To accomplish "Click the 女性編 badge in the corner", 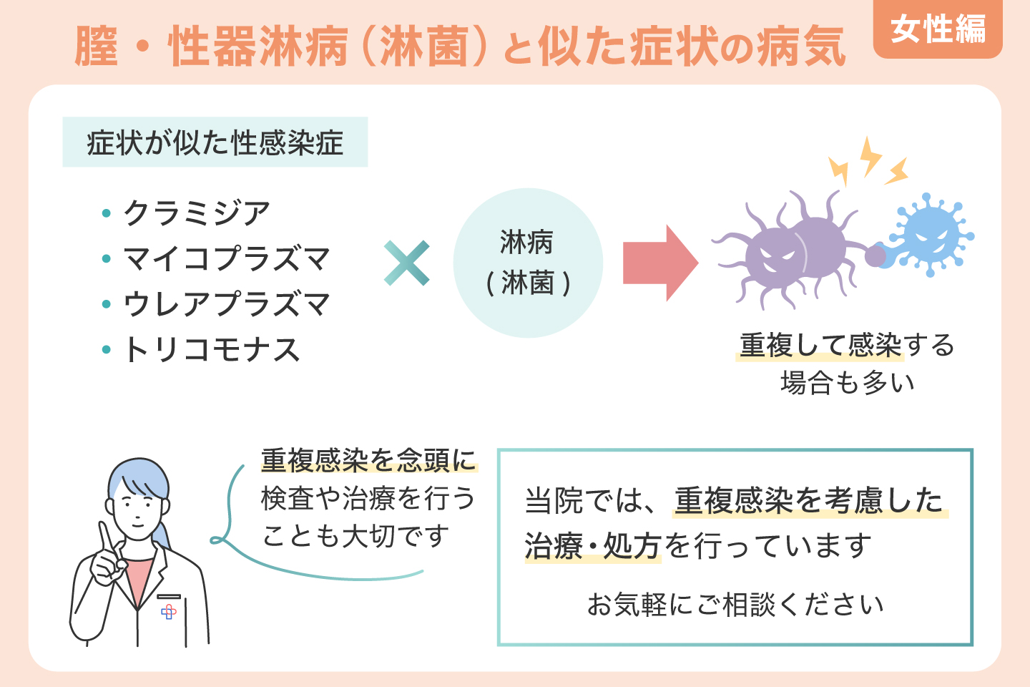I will coord(937,30).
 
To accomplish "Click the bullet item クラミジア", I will coord(196,213).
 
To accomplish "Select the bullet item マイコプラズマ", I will coord(226,259).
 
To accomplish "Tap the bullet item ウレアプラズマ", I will coord(226,305).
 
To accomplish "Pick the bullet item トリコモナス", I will coord(211,350).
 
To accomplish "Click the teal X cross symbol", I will coord(406,263).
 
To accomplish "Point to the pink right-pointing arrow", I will coord(659,263).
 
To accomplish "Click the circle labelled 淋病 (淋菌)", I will coord(528,263).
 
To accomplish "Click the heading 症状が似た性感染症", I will coord(215,142).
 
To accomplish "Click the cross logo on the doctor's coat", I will coord(169,612).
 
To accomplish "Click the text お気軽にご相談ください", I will coord(735,605).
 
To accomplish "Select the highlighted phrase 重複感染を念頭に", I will coord(368,460).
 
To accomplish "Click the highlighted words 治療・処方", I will coord(592,546).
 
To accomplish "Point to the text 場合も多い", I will coord(847,383).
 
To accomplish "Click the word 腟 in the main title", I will coord(97,47).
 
